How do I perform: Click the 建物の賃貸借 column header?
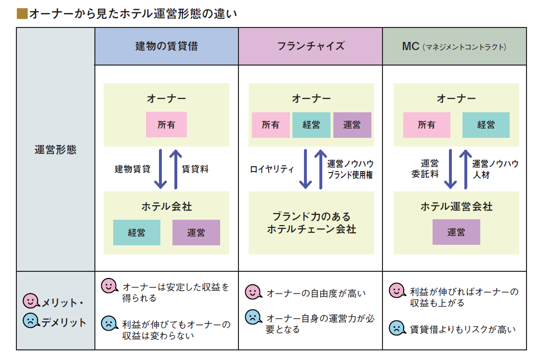tap(166, 46)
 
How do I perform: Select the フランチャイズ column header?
tap(310, 46)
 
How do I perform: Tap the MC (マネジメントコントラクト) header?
tap(454, 46)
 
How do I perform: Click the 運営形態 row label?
tap(55, 150)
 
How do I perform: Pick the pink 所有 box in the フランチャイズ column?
tap(271, 125)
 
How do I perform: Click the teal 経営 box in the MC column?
tap(486, 125)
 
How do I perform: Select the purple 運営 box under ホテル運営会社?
tap(456, 232)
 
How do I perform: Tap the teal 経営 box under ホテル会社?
tap(137, 233)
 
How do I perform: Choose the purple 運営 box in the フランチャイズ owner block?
tap(352, 125)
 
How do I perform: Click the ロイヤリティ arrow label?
tap(272, 169)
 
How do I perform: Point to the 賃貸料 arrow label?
tap(195, 169)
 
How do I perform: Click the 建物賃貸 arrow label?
tap(132, 169)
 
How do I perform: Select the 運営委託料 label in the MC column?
tap(425, 169)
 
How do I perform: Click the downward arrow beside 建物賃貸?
tap(160, 169)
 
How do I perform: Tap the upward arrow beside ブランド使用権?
tap(321, 169)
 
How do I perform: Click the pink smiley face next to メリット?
tap(31, 301)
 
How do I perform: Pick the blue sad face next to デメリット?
tap(31, 321)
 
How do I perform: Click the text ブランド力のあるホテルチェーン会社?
tap(311, 223)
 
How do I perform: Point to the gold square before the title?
tap(22, 14)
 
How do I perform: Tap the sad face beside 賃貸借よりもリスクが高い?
tap(397, 328)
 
